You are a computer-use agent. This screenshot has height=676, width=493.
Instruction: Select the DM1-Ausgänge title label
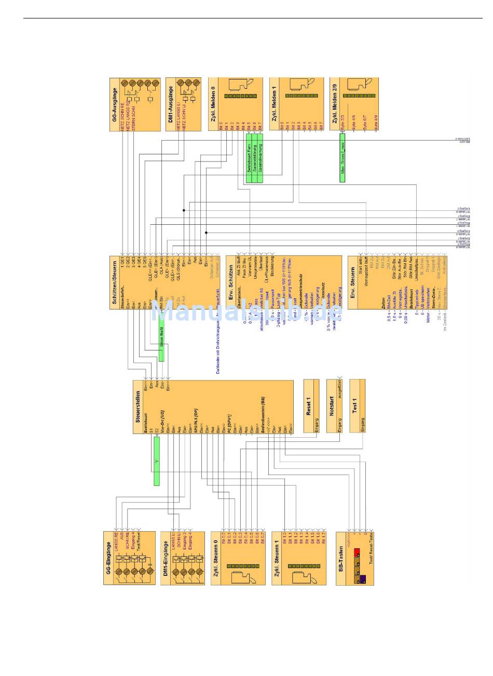pyautogui.click(x=170, y=104)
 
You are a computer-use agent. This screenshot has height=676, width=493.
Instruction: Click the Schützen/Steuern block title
pyautogui.click(x=114, y=283)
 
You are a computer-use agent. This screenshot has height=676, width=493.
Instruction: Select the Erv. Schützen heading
pyautogui.click(x=231, y=283)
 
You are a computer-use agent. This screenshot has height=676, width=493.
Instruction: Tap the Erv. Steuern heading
pyautogui.click(x=352, y=283)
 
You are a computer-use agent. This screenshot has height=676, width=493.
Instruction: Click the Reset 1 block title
pyautogui.click(x=308, y=406)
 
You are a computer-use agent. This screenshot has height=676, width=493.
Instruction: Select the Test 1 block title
pyautogui.click(x=355, y=405)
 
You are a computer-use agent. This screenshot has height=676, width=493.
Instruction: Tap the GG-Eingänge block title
pyautogui.click(x=109, y=558)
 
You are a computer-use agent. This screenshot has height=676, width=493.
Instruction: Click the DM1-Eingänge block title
pyautogui.click(x=165, y=559)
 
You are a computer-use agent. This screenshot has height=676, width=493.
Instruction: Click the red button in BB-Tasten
pyautogui.click(x=357, y=551)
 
